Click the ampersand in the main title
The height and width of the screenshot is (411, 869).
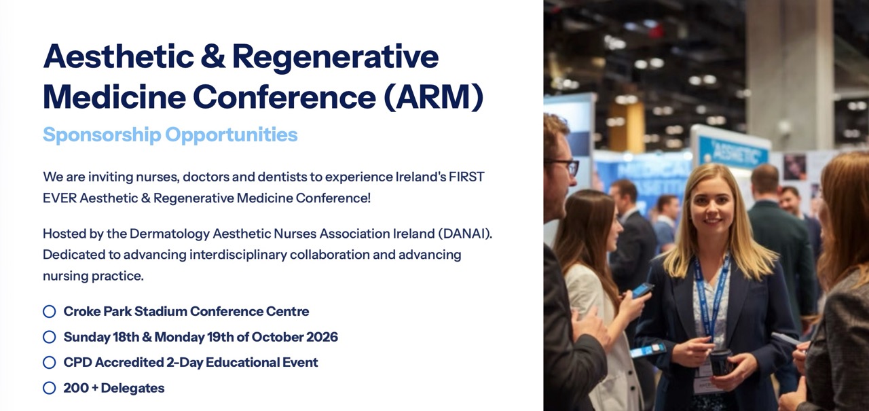213,56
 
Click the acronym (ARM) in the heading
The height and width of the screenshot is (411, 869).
433,96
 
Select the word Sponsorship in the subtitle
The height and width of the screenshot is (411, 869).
102,135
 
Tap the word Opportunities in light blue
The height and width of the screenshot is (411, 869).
232,135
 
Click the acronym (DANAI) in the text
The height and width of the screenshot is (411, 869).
465,234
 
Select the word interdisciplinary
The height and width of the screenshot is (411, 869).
238,255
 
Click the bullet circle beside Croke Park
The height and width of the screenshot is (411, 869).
50,311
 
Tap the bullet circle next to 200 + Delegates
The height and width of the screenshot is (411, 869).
50,388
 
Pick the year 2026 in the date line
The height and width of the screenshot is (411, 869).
322,337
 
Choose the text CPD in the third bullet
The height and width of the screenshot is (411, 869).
77,363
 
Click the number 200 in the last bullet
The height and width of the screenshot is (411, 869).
76,388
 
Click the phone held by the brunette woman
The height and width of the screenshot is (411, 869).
642,289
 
